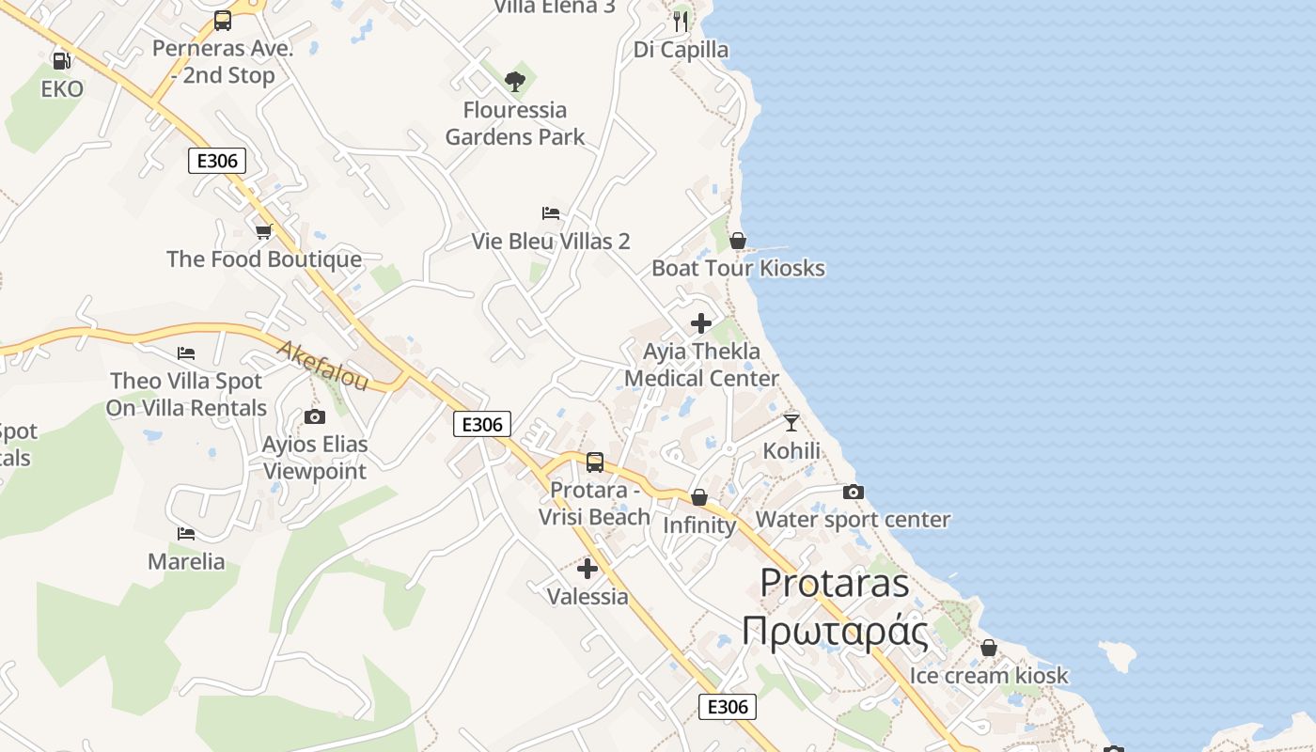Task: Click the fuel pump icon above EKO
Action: coord(62,61)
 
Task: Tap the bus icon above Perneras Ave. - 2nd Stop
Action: coord(223,20)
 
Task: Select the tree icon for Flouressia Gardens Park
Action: coord(514,82)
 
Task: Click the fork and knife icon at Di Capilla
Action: coord(681,21)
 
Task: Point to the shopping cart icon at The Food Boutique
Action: coord(263,231)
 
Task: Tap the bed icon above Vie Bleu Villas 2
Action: coord(551,213)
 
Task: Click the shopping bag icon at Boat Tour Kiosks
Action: coord(738,241)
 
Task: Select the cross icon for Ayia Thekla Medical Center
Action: coord(701,323)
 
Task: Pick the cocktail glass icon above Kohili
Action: coord(791,423)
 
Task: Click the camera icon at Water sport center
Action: coord(853,492)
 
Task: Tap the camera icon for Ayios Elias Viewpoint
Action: coord(314,416)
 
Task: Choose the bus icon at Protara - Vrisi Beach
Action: coord(595,462)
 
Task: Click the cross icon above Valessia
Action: coord(587,569)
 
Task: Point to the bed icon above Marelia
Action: coord(186,534)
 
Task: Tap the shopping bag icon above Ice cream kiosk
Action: coord(989,648)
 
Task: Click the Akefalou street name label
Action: coord(323,366)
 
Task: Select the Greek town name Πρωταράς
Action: coord(835,631)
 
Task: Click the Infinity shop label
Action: coord(699,525)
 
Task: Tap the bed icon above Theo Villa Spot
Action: coord(186,353)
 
